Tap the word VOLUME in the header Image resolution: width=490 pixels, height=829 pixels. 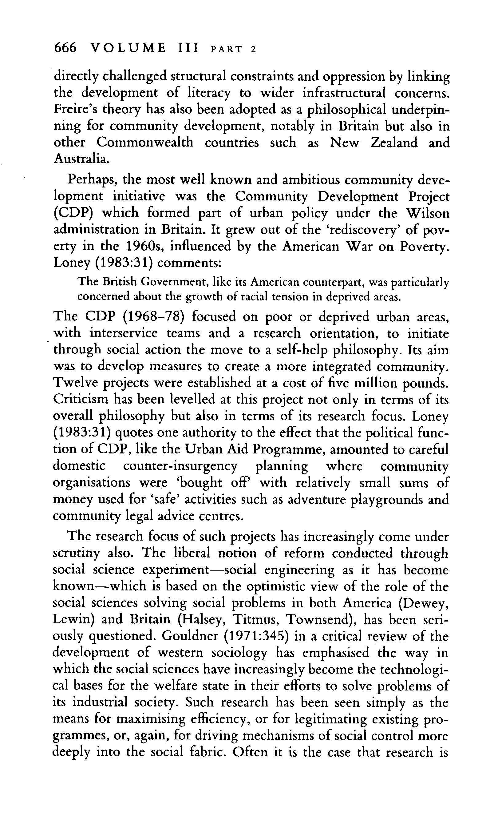(x=128, y=48)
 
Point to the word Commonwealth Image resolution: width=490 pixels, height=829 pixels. (x=145, y=143)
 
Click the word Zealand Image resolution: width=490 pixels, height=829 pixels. (x=394, y=143)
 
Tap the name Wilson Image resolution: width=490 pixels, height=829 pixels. (x=427, y=213)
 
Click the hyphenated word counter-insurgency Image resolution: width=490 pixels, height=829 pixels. (x=180, y=466)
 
